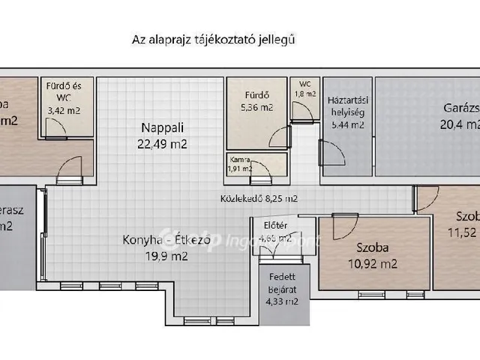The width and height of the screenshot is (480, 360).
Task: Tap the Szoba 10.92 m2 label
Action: point(373,255)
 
